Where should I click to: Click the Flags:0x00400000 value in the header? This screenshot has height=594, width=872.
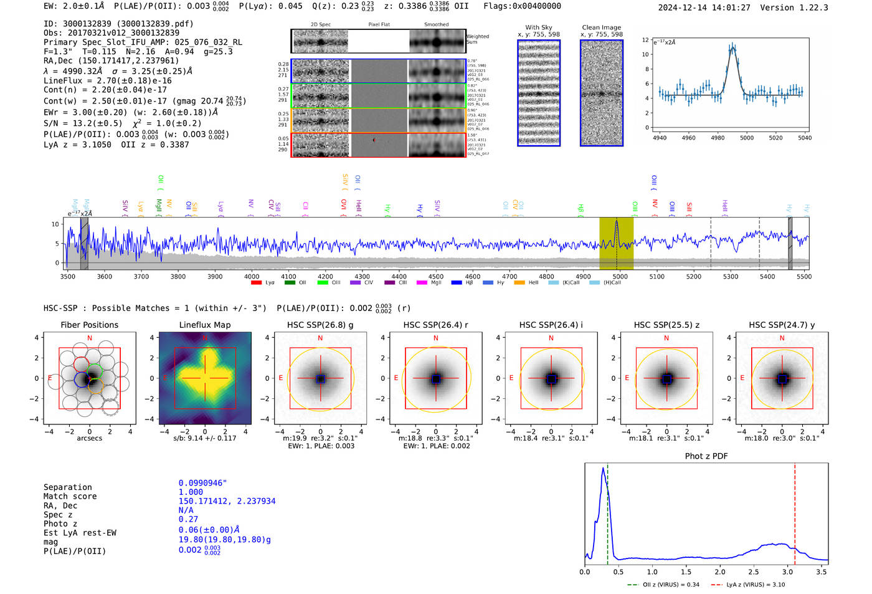pyautogui.click(x=522, y=6)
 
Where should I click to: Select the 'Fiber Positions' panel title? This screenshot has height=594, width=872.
pyautogui.click(x=89, y=325)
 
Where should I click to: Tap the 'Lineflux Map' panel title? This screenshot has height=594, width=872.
pyautogui.click(x=204, y=325)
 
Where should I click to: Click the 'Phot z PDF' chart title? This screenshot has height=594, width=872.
pyautogui.click(x=706, y=456)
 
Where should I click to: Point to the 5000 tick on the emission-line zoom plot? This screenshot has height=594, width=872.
pyautogui.click(x=746, y=138)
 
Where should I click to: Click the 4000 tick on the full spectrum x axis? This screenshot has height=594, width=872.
pyautogui.click(x=252, y=276)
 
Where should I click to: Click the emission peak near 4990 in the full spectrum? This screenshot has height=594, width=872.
pyautogui.click(x=617, y=221)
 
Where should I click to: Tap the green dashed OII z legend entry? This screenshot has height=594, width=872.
pyautogui.click(x=663, y=585)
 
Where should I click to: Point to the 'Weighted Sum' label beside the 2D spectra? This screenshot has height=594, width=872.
pyautogui.click(x=478, y=39)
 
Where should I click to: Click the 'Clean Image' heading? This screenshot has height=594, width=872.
pyautogui.click(x=601, y=27)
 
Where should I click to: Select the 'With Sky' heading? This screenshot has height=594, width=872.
pyautogui.click(x=538, y=27)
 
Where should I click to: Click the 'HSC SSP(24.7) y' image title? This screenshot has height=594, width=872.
pyautogui.click(x=782, y=325)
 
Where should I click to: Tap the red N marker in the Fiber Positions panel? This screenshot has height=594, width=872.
pyautogui.click(x=90, y=338)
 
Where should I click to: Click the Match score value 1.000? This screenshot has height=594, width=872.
pyautogui.click(x=191, y=492)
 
